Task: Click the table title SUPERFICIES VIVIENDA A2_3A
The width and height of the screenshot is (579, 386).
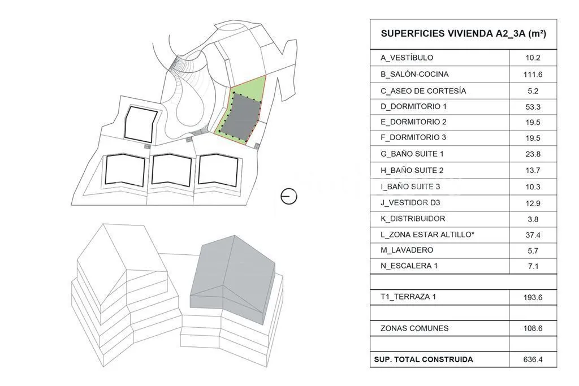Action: point(464,33)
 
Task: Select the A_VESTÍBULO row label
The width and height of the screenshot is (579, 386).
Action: point(407,58)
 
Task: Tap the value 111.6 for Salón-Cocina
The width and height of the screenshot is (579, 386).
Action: point(533,75)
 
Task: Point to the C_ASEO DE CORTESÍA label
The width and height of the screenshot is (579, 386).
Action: point(423,91)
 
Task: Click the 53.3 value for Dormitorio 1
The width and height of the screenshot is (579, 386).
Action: point(533,107)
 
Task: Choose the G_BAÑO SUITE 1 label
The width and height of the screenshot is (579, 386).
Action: point(412,154)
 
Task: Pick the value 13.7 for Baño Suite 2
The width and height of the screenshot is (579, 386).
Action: point(533,171)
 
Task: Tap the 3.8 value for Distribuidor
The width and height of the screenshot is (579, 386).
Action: point(533,219)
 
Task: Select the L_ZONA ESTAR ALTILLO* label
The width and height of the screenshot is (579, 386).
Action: point(427,235)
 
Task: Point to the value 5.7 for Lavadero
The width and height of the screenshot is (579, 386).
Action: point(533,251)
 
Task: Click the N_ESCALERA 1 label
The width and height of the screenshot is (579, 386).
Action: point(409,266)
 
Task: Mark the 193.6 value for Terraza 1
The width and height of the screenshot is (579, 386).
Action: point(533,297)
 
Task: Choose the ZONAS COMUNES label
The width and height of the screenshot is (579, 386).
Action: point(414,328)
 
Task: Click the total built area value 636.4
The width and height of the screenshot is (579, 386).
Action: point(533,359)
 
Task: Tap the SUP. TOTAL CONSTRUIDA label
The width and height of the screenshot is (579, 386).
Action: point(423,359)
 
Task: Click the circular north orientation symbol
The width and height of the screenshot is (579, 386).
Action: point(289,196)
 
